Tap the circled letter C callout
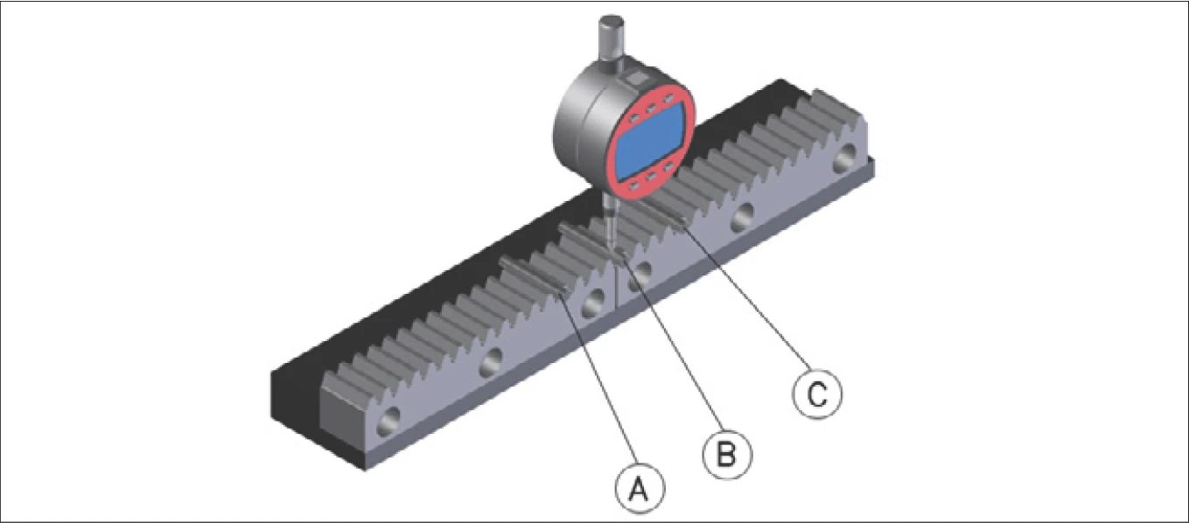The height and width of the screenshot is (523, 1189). tap(815, 394)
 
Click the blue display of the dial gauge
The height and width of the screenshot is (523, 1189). tap(649, 143)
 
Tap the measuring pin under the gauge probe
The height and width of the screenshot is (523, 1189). tap(591, 239)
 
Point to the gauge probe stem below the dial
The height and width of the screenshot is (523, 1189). tap(609, 220)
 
